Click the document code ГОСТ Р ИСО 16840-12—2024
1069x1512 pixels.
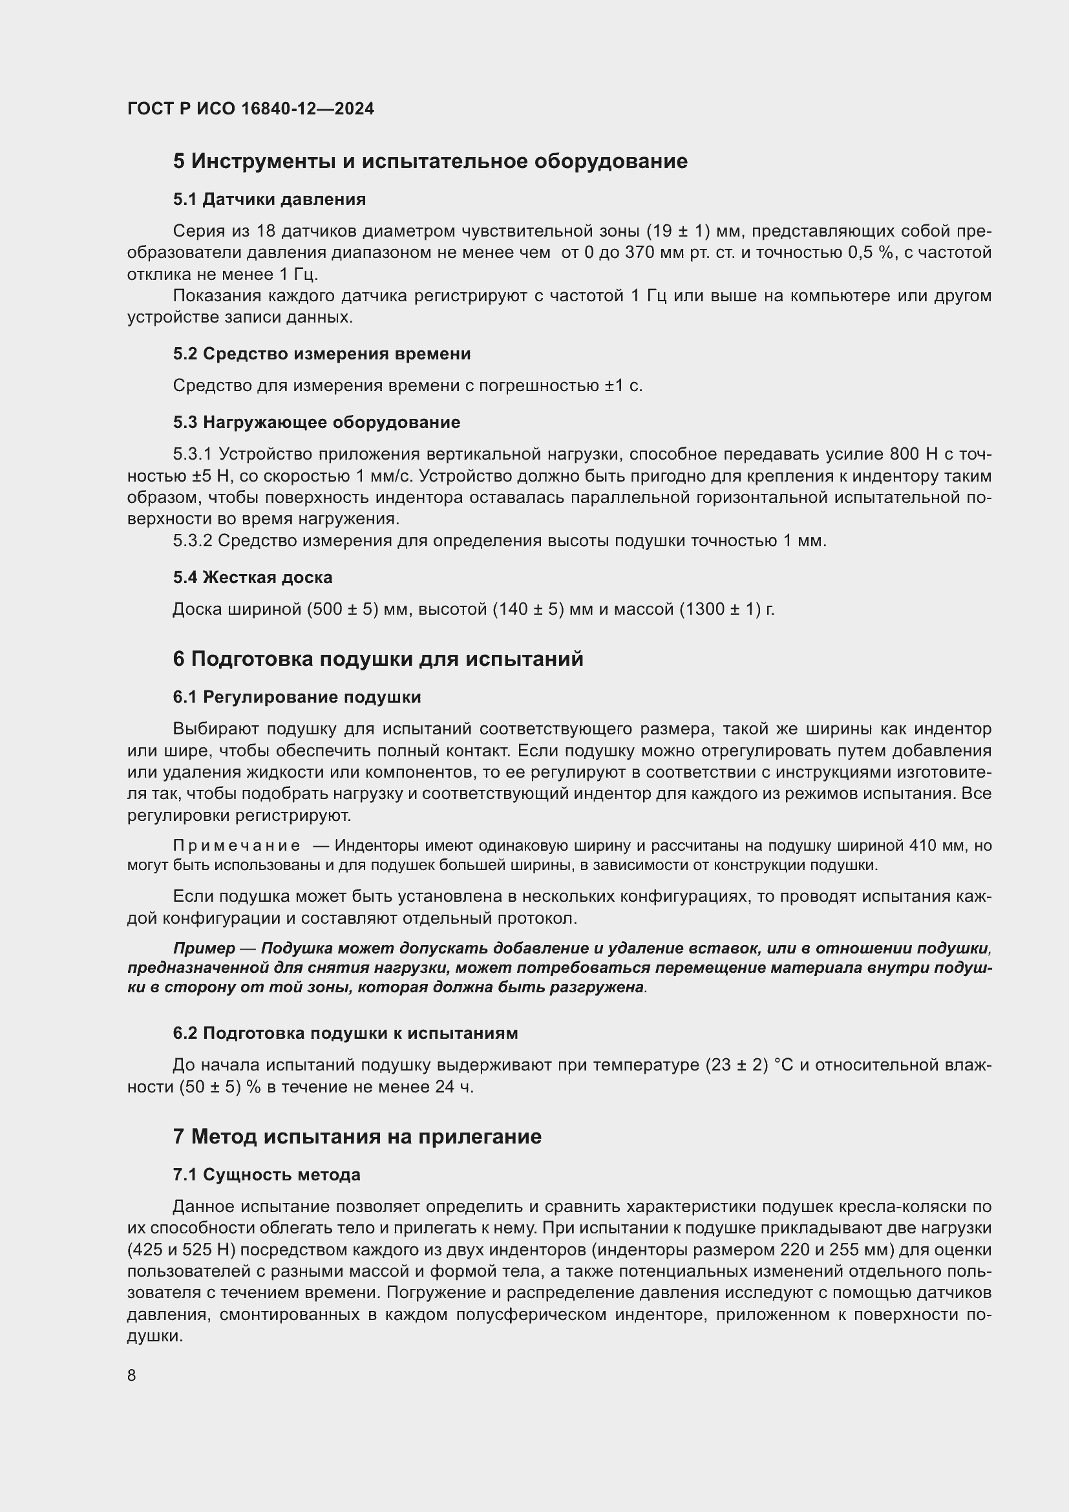click(250, 109)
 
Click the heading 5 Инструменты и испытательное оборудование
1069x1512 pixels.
click(430, 162)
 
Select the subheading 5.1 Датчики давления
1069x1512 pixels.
click(270, 199)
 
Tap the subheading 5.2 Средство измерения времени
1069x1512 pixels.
click(322, 354)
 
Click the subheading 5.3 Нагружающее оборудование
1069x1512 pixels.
click(317, 422)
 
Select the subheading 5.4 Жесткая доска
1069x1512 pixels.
click(253, 577)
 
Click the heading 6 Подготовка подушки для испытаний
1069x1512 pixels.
click(378, 659)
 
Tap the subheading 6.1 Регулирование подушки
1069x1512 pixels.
click(297, 697)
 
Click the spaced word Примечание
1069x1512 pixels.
click(237, 846)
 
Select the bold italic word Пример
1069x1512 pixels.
click(204, 948)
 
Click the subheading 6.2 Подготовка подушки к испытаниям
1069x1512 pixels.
click(345, 1033)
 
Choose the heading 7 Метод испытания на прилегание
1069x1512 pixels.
click(357, 1136)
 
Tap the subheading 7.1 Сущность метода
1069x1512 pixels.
click(266, 1175)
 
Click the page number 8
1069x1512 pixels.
click(132, 1375)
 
